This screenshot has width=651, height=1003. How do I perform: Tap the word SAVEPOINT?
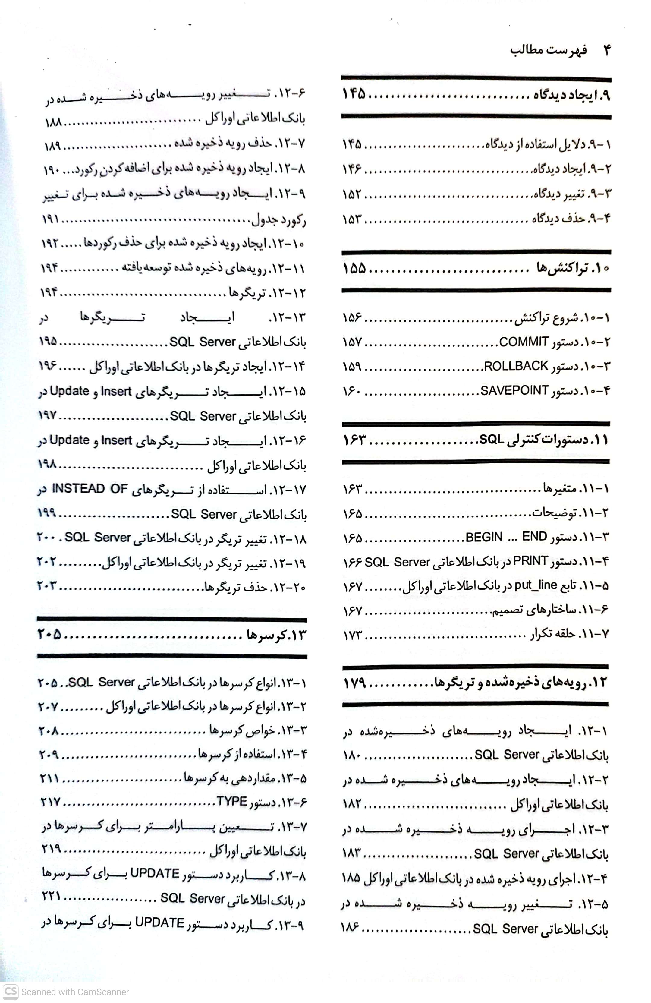click(514, 391)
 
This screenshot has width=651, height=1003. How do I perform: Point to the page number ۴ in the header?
click(607, 50)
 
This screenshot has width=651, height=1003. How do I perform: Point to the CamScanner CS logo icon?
click(10, 991)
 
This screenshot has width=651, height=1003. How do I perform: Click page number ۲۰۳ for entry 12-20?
click(47, 585)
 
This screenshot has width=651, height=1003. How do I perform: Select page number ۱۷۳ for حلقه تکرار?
click(352, 635)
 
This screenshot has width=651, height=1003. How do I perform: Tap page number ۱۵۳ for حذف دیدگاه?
click(352, 219)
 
